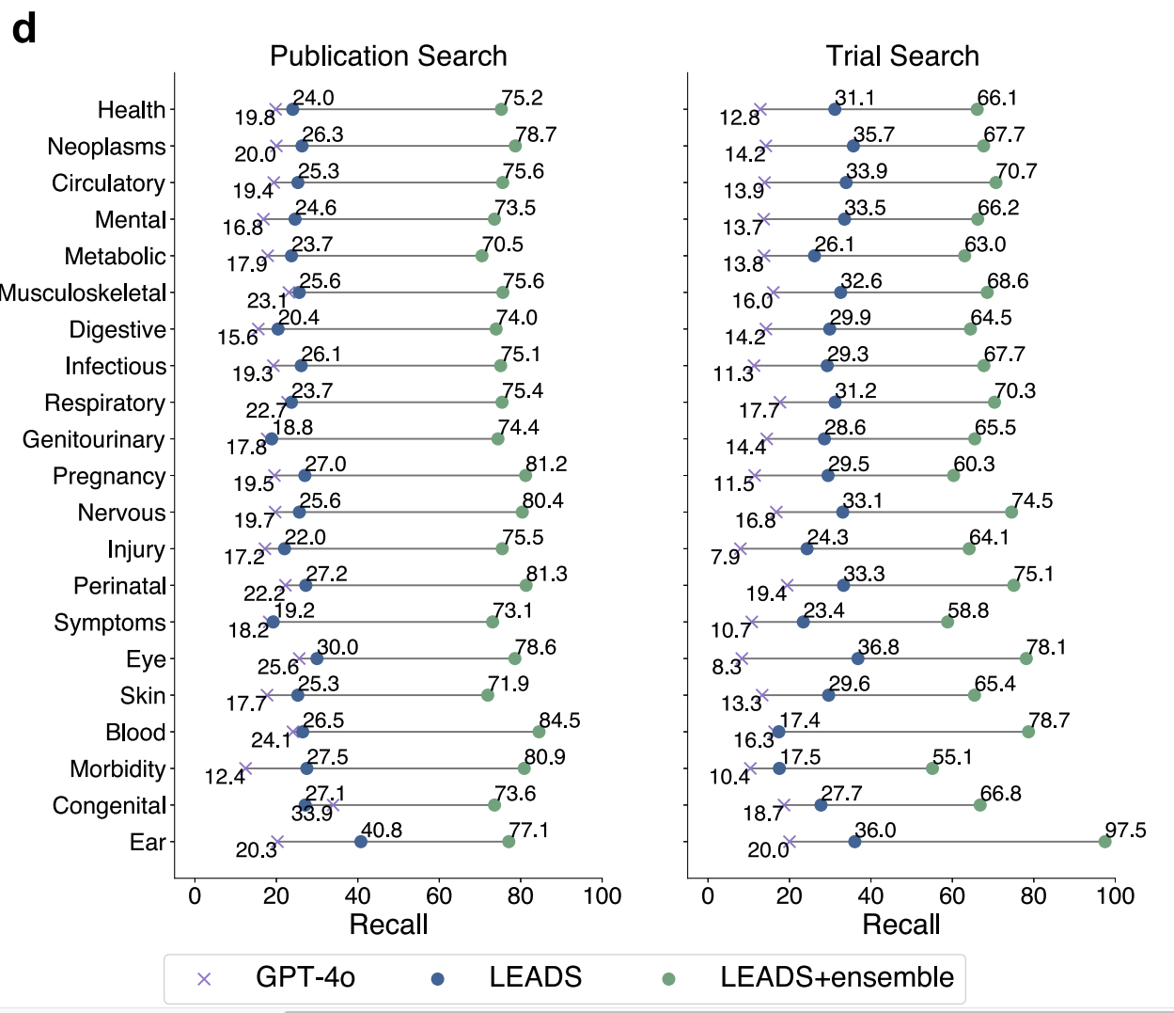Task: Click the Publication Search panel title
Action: click(x=388, y=56)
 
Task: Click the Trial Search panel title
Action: click(x=902, y=56)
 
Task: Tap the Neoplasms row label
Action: click(x=106, y=147)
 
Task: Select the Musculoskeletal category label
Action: click(x=83, y=293)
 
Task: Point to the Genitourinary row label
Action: click(x=94, y=440)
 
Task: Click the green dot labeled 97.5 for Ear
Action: click(x=1104, y=841)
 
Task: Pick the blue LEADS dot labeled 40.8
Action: click(x=361, y=841)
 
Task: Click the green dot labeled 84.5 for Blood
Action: click(x=539, y=732)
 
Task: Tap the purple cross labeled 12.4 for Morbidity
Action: click(x=245, y=768)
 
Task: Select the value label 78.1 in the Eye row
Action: click(x=1046, y=647)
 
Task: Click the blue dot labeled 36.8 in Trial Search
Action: click(x=857, y=658)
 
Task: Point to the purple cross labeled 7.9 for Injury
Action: click(x=740, y=548)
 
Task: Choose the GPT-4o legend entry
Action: click(x=305, y=978)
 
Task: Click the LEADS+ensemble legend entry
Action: click(x=837, y=978)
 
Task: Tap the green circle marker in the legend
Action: click(x=668, y=979)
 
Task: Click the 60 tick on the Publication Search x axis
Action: click(x=439, y=895)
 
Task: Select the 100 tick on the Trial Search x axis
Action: click(x=1115, y=895)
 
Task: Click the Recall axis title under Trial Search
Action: click(x=900, y=925)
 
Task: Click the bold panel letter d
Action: click(x=23, y=29)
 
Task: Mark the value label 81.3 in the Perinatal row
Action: click(x=547, y=574)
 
